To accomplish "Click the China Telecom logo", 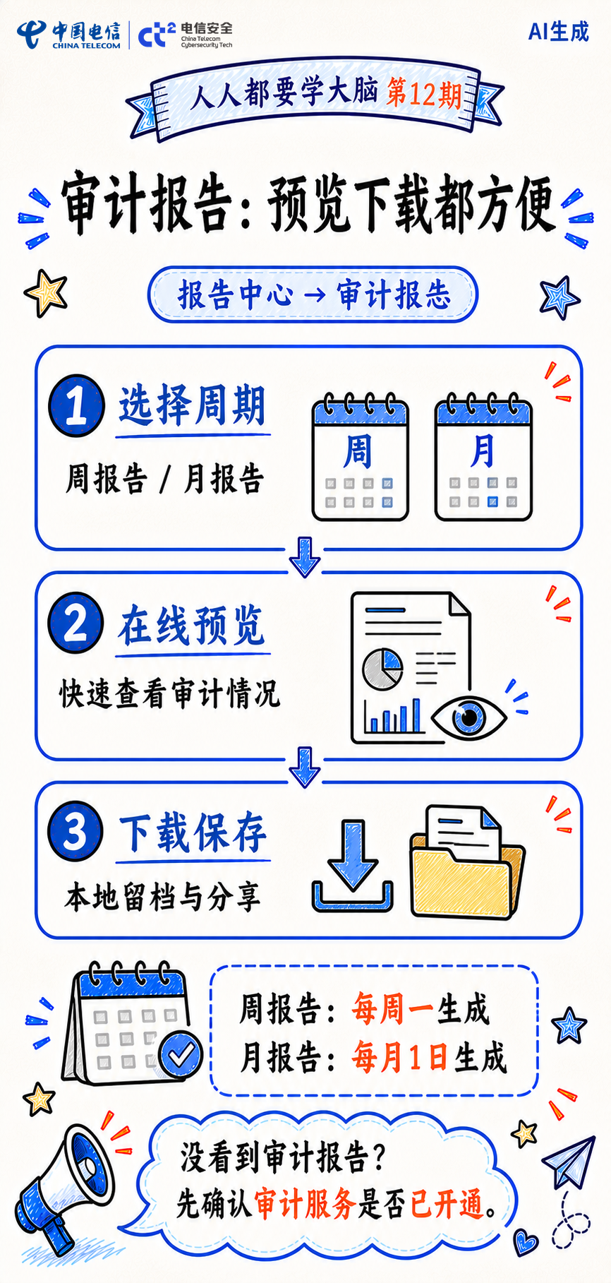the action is point(69,35).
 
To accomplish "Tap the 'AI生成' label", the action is point(558,32).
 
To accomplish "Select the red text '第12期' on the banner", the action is point(424,94).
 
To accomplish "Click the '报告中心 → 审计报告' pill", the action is point(313,294).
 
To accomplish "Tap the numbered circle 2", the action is point(75,623).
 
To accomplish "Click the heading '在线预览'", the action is point(192,626).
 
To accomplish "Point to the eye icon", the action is point(468,717).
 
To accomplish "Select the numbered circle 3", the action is point(75,831).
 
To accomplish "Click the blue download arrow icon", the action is point(352,866).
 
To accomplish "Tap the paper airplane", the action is point(569,1162).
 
